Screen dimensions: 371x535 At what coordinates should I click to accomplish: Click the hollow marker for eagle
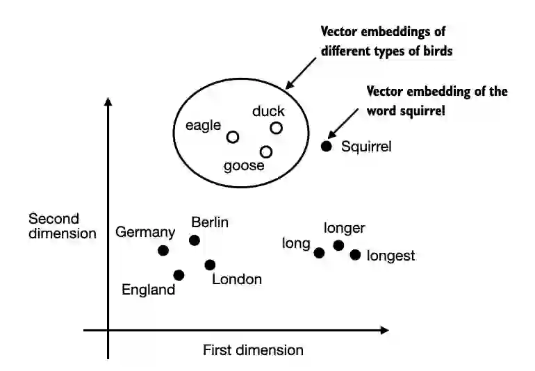(233, 137)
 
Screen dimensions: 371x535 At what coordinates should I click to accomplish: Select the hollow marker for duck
(276, 128)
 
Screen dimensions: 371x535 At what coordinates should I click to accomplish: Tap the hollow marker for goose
(265, 151)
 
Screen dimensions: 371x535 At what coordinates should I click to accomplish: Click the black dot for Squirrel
(326, 146)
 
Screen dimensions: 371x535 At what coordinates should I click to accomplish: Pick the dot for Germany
(163, 250)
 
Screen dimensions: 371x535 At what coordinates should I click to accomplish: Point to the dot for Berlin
(195, 240)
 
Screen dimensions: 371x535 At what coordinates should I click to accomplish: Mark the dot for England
(179, 275)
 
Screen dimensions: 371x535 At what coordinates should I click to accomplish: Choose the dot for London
(210, 265)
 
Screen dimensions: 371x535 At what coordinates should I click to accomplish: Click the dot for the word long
(319, 253)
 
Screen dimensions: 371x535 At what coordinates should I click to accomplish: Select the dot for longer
(338, 245)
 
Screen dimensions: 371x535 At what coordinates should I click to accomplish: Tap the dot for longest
(355, 255)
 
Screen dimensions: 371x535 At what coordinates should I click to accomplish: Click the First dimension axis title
(253, 350)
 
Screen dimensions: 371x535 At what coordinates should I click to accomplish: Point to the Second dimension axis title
(63, 226)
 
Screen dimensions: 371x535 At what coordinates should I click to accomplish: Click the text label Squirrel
(367, 147)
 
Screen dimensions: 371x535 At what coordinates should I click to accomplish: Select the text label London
(237, 279)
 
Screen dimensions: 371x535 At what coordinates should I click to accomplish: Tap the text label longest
(390, 256)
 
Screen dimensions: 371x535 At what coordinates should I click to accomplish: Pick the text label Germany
(145, 232)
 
